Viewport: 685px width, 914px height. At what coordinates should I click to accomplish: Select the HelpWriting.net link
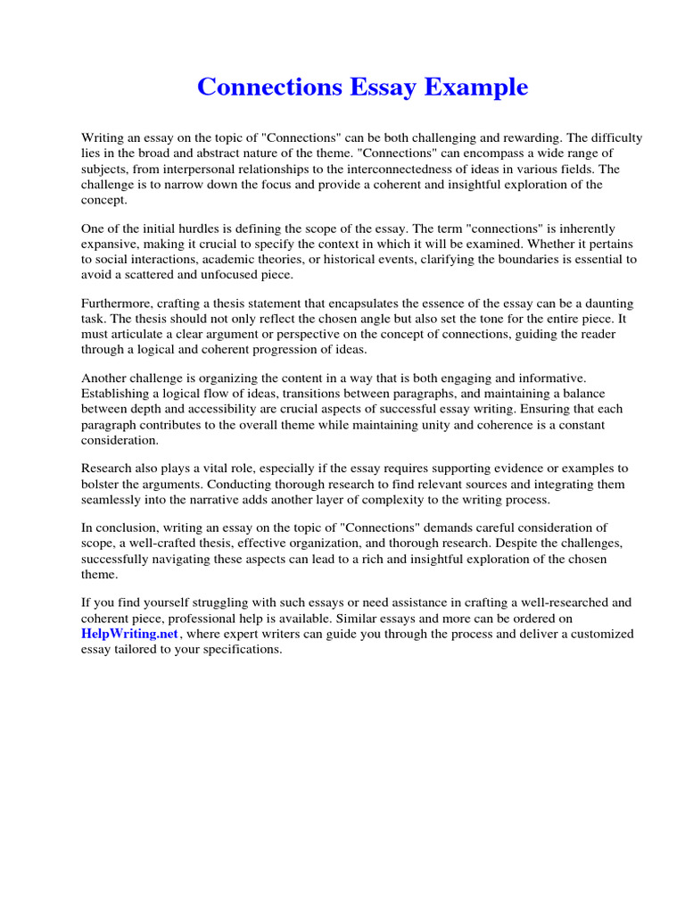point(130,634)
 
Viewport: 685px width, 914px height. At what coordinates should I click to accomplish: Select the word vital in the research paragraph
point(219,469)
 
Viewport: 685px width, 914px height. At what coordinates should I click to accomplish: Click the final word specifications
point(242,649)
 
